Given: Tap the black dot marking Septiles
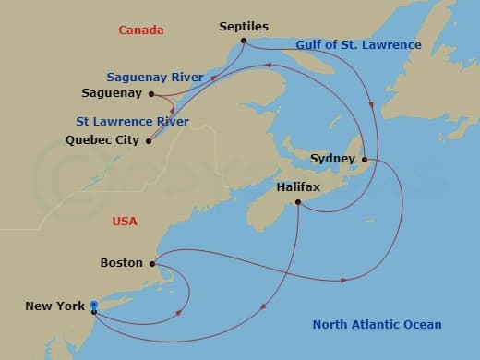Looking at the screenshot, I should point(243,41).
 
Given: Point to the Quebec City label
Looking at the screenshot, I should point(102,140).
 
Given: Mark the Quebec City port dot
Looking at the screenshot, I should point(149,140).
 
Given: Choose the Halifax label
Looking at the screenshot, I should point(298,186).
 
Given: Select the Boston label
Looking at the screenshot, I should point(121,263).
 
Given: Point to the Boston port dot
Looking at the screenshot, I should point(151,263).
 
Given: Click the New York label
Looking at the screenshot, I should point(55,306).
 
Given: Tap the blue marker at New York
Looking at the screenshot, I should point(94,306).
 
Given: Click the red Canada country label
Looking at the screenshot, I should point(140,30).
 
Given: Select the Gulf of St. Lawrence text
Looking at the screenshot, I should point(358,45).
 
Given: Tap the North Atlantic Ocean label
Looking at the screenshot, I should point(377,324).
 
